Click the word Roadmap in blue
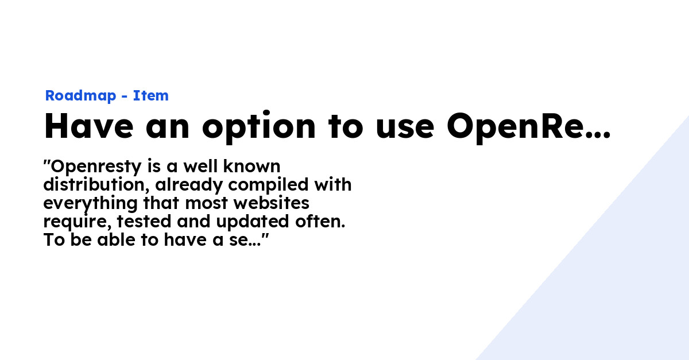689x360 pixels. click(80, 96)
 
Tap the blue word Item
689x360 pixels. click(150, 95)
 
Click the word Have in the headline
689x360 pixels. click(89, 126)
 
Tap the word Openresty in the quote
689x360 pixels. click(96, 167)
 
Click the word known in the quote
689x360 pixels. click(251, 166)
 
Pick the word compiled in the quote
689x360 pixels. click(268, 185)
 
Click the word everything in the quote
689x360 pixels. click(90, 204)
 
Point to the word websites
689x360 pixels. click(271, 203)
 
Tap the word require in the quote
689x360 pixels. click(77, 222)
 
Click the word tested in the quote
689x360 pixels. click(144, 222)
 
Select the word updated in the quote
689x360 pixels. click(253, 222)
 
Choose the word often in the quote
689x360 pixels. click(320, 222)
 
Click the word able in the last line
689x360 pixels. click(116, 240)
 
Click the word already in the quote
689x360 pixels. click(188, 185)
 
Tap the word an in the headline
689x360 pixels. click(167, 129)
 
